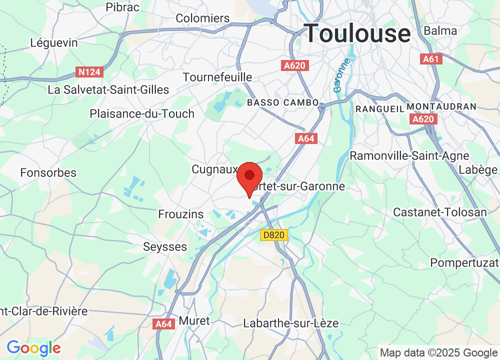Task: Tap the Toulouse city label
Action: click(357, 33)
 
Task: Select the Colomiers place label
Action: click(202, 18)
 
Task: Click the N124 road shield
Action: click(90, 72)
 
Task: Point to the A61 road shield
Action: click(430, 59)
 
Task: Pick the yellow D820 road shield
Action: click(274, 234)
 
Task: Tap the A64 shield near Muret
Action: click(163, 324)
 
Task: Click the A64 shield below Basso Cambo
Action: click(306, 138)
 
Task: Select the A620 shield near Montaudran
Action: click(424, 119)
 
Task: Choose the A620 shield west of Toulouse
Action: click(295, 65)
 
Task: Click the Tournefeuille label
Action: click(217, 77)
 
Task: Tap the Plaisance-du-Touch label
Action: click(142, 114)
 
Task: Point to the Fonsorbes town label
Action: click(48, 173)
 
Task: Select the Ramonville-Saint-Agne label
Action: click(409, 156)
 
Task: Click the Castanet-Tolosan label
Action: click(439, 212)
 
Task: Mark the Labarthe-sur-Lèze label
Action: click(290, 323)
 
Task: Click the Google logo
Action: click(33, 348)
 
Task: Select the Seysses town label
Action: click(165, 247)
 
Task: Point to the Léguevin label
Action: click(54, 43)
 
